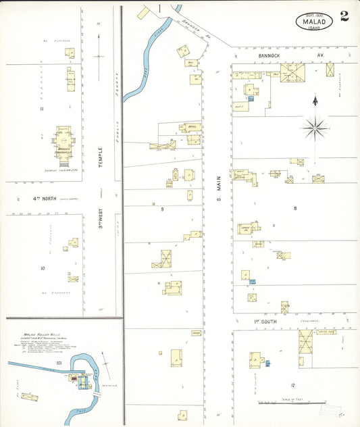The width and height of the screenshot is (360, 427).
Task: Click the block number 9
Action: coord(162,209)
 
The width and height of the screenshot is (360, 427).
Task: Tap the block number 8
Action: coord(294,208)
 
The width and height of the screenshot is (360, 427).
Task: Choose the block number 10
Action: coord(42,268)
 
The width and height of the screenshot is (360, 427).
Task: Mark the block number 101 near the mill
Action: coord(59,363)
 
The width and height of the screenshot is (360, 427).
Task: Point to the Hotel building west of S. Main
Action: coord(190,126)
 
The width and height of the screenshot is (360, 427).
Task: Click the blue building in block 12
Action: coord(267,363)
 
